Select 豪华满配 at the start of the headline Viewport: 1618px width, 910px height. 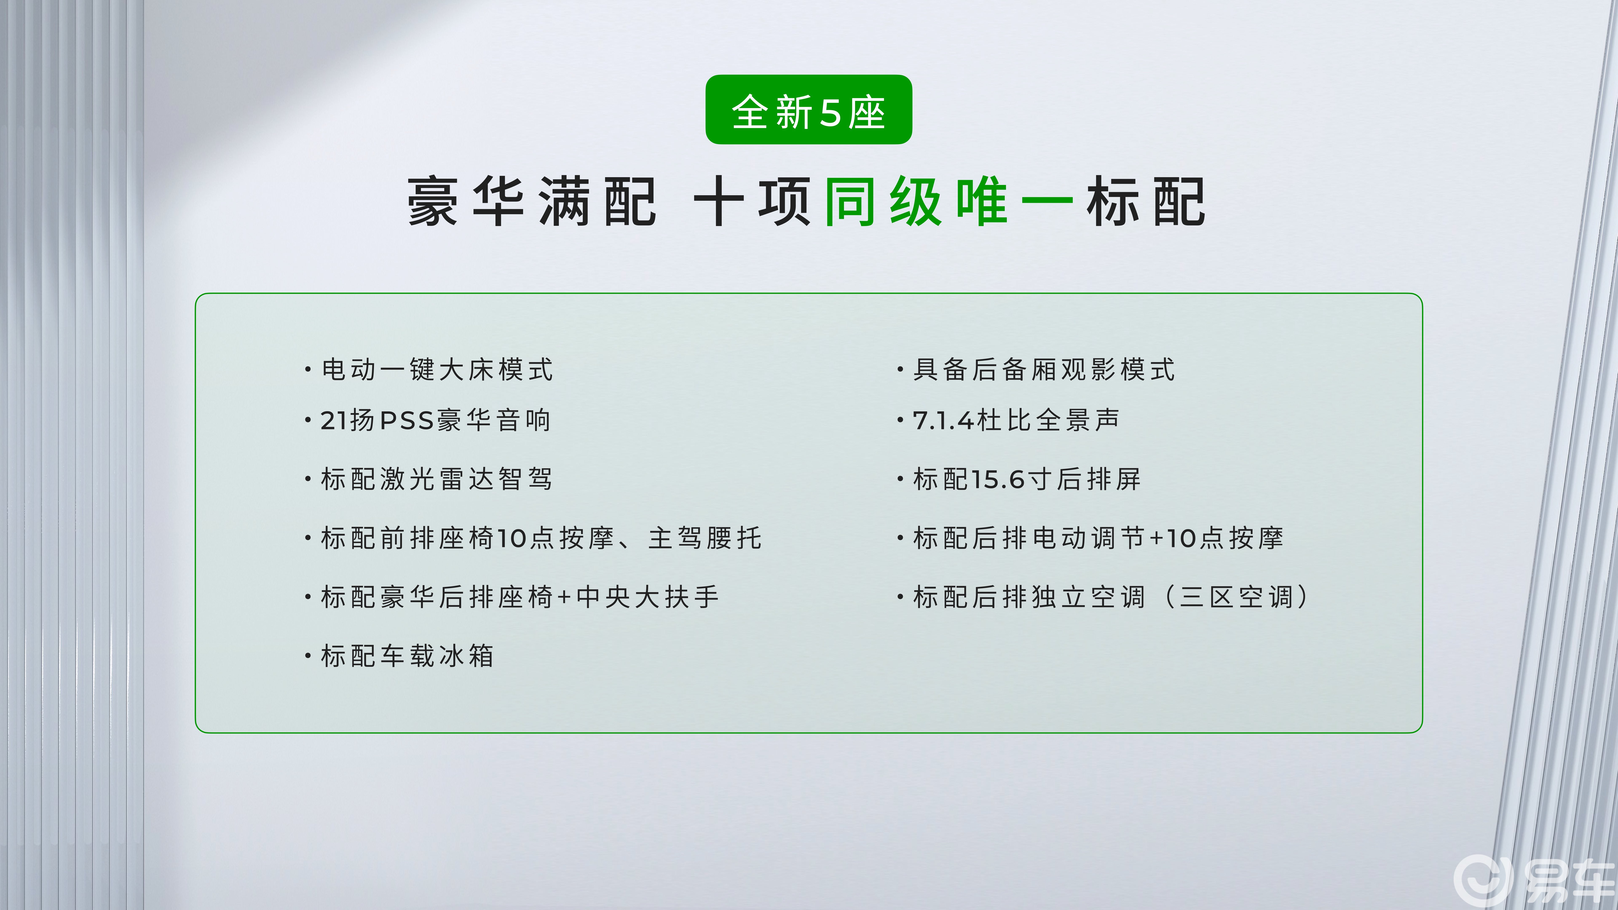click(x=532, y=202)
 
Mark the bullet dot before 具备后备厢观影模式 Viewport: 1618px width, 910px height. click(x=900, y=369)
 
